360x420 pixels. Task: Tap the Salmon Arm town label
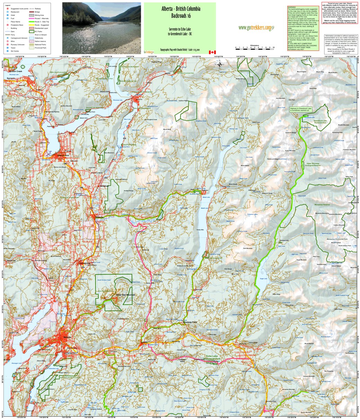pyautogui.click(x=63, y=155)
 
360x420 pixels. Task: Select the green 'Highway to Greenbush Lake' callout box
pyautogui.click(x=301, y=109)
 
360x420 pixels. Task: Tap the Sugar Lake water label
pyautogui.click(x=264, y=278)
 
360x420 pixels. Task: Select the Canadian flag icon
pyautogui.click(x=212, y=52)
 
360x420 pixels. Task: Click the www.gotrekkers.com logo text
pyautogui.click(x=255, y=28)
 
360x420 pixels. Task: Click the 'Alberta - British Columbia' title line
pyautogui.click(x=180, y=9)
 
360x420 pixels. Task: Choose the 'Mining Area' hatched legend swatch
pyautogui.click(x=32, y=15)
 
